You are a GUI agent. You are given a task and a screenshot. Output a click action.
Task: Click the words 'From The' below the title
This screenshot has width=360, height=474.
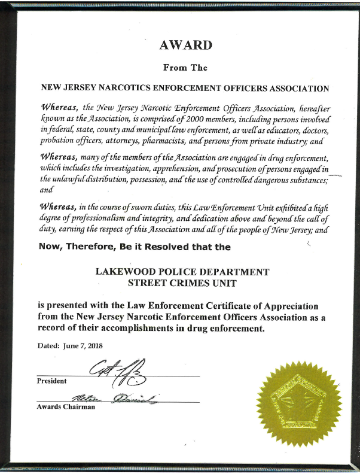(184, 68)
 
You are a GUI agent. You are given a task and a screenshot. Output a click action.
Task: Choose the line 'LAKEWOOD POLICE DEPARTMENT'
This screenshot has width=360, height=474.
(182, 271)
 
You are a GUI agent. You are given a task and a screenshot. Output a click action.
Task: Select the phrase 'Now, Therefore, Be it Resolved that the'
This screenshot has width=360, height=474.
(135, 246)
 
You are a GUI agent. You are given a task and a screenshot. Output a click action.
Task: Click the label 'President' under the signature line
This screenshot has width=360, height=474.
(51, 381)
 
